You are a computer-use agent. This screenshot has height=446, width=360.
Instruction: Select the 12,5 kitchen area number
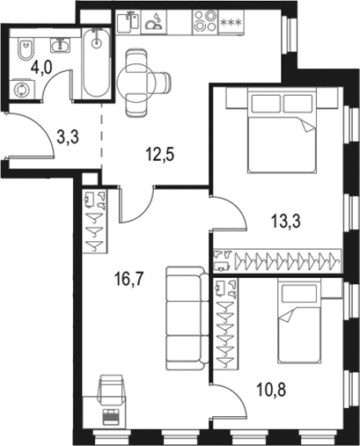[159, 157]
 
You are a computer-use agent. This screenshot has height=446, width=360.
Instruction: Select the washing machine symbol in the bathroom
[22, 88]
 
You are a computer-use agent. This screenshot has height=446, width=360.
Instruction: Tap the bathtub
[94, 65]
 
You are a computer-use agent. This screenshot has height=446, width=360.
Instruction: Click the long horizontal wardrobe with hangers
[276, 261]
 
